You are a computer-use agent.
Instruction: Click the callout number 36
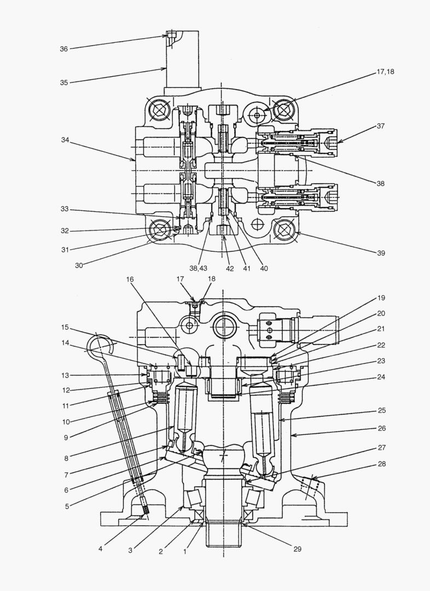[63, 49]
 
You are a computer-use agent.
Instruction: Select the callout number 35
[63, 83]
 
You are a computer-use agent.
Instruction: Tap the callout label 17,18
[385, 72]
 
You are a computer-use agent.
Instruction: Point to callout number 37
[380, 126]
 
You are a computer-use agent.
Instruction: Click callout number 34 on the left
[65, 140]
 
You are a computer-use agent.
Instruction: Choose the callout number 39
[380, 253]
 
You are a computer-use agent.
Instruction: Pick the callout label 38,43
[199, 269]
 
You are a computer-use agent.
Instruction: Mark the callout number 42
[230, 269]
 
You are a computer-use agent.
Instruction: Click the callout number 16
[130, 279]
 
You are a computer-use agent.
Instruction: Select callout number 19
[381, 298]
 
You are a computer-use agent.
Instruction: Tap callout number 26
[381, 428]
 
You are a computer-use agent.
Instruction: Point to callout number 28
[381, 464]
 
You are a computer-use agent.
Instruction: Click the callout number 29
[298, 548]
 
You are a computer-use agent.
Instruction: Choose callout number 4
[101, 547]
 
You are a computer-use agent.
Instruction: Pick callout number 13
[66, 375]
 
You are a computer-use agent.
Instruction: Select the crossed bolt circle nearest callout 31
[160, 230]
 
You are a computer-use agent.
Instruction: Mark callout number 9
[66, 437]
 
